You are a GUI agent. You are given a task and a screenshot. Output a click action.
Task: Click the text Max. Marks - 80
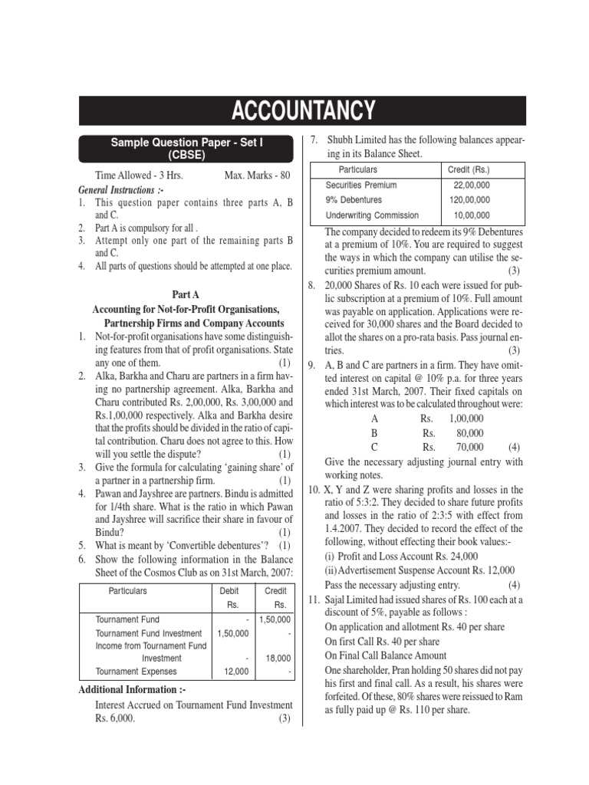[x=257, y=176]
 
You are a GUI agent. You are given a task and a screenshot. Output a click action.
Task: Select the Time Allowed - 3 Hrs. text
[x=139, y=176]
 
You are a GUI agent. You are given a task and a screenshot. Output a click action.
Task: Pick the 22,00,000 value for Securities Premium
[x=472, y=186]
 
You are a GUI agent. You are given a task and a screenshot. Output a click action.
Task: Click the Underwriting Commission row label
[x=372, y=216]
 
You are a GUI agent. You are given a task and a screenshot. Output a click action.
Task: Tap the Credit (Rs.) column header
[x=469, y=169]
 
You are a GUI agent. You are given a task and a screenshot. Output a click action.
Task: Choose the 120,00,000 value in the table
[x=471, y=201]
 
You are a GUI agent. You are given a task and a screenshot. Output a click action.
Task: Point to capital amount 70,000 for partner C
[x=469, y=447]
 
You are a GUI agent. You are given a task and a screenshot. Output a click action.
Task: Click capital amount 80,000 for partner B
[x=469, y=433]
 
